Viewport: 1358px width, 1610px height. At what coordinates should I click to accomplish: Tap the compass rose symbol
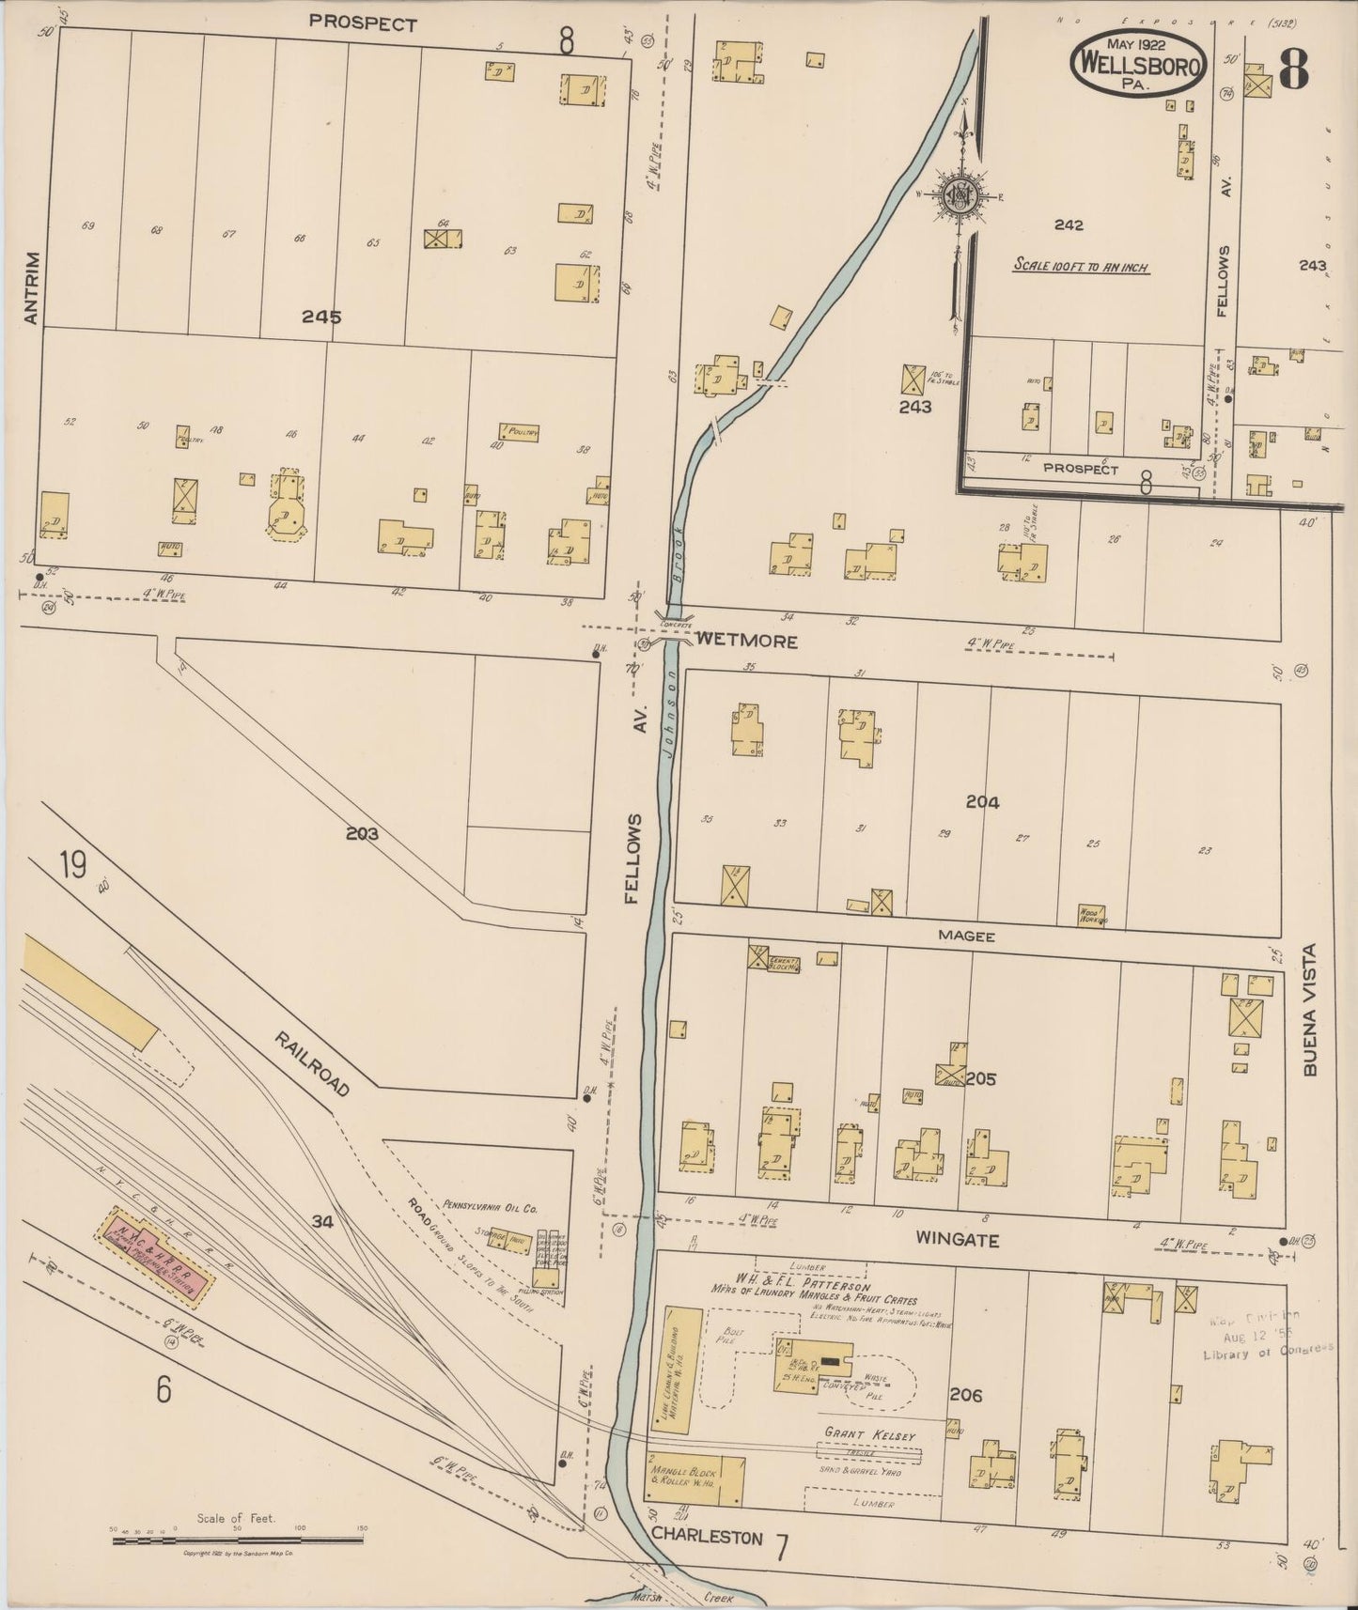point(961,195)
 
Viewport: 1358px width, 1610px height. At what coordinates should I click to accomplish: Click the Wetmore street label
point(747,642)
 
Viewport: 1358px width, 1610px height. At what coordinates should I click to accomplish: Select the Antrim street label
point(33,287)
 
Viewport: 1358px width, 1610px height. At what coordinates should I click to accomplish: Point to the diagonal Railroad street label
point(313,1062)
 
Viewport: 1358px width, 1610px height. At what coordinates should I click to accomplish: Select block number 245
point(321,317)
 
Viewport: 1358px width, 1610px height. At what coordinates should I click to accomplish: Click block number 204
point(982,801)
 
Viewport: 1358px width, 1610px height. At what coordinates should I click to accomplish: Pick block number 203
point(361,832)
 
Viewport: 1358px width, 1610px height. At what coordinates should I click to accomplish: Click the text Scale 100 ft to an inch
point(1081,267)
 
